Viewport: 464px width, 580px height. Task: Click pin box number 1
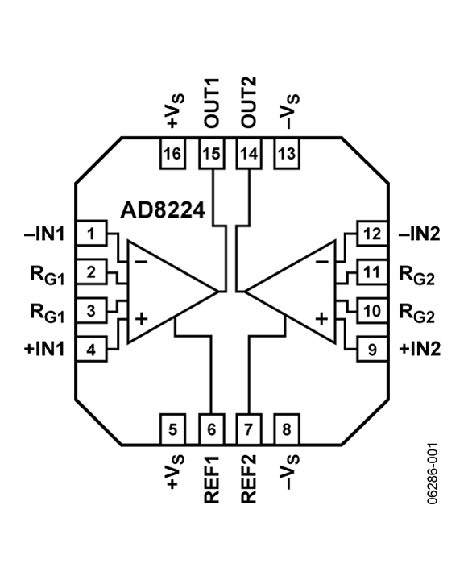(92, 234)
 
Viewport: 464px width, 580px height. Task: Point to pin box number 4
(92, 350)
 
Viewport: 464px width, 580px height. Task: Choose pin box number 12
(371, 234)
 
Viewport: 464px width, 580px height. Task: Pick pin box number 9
(371, 350)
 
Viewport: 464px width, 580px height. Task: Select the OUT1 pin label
(213, 102)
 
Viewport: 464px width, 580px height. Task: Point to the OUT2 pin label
(250, 102)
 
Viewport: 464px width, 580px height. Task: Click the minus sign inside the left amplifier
(141, 262)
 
